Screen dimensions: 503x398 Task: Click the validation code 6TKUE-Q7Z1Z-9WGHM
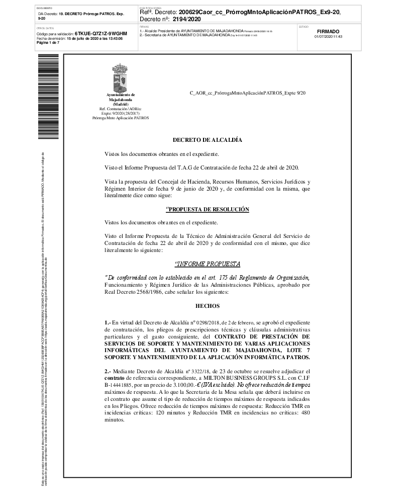(x=101, y=33)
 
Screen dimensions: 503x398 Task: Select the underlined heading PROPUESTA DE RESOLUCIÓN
(x=207, y=209)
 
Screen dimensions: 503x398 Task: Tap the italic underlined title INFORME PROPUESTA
(x=207, y=264)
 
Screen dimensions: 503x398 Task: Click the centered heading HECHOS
(x=207, y=305)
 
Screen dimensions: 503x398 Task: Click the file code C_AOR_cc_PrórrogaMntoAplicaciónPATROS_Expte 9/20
(x=247, y=94)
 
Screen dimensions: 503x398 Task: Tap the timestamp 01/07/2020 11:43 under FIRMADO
(x=328, y=37)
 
